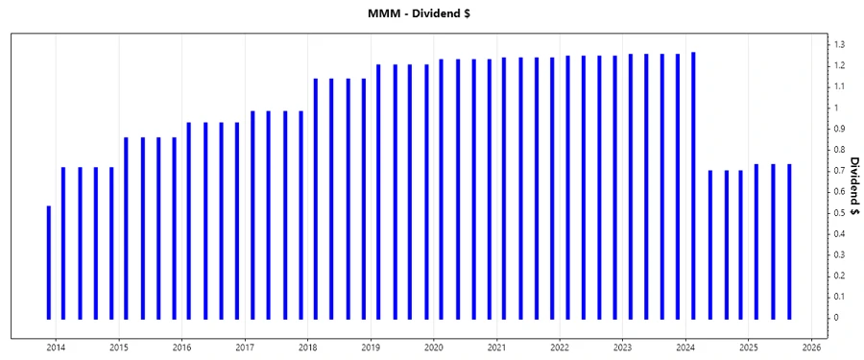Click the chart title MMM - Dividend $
point(431,12)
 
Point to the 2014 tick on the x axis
point(56,347)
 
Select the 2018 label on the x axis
point(307,347)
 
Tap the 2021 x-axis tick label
point(496,347)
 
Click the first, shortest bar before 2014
point(48,262)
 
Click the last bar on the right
point(789,241)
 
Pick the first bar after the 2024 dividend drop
point(710,244)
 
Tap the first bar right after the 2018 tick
point(316,198)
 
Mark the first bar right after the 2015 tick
point(126,228)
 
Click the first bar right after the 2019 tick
point(378,191)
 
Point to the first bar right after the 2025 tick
point(756,241)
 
